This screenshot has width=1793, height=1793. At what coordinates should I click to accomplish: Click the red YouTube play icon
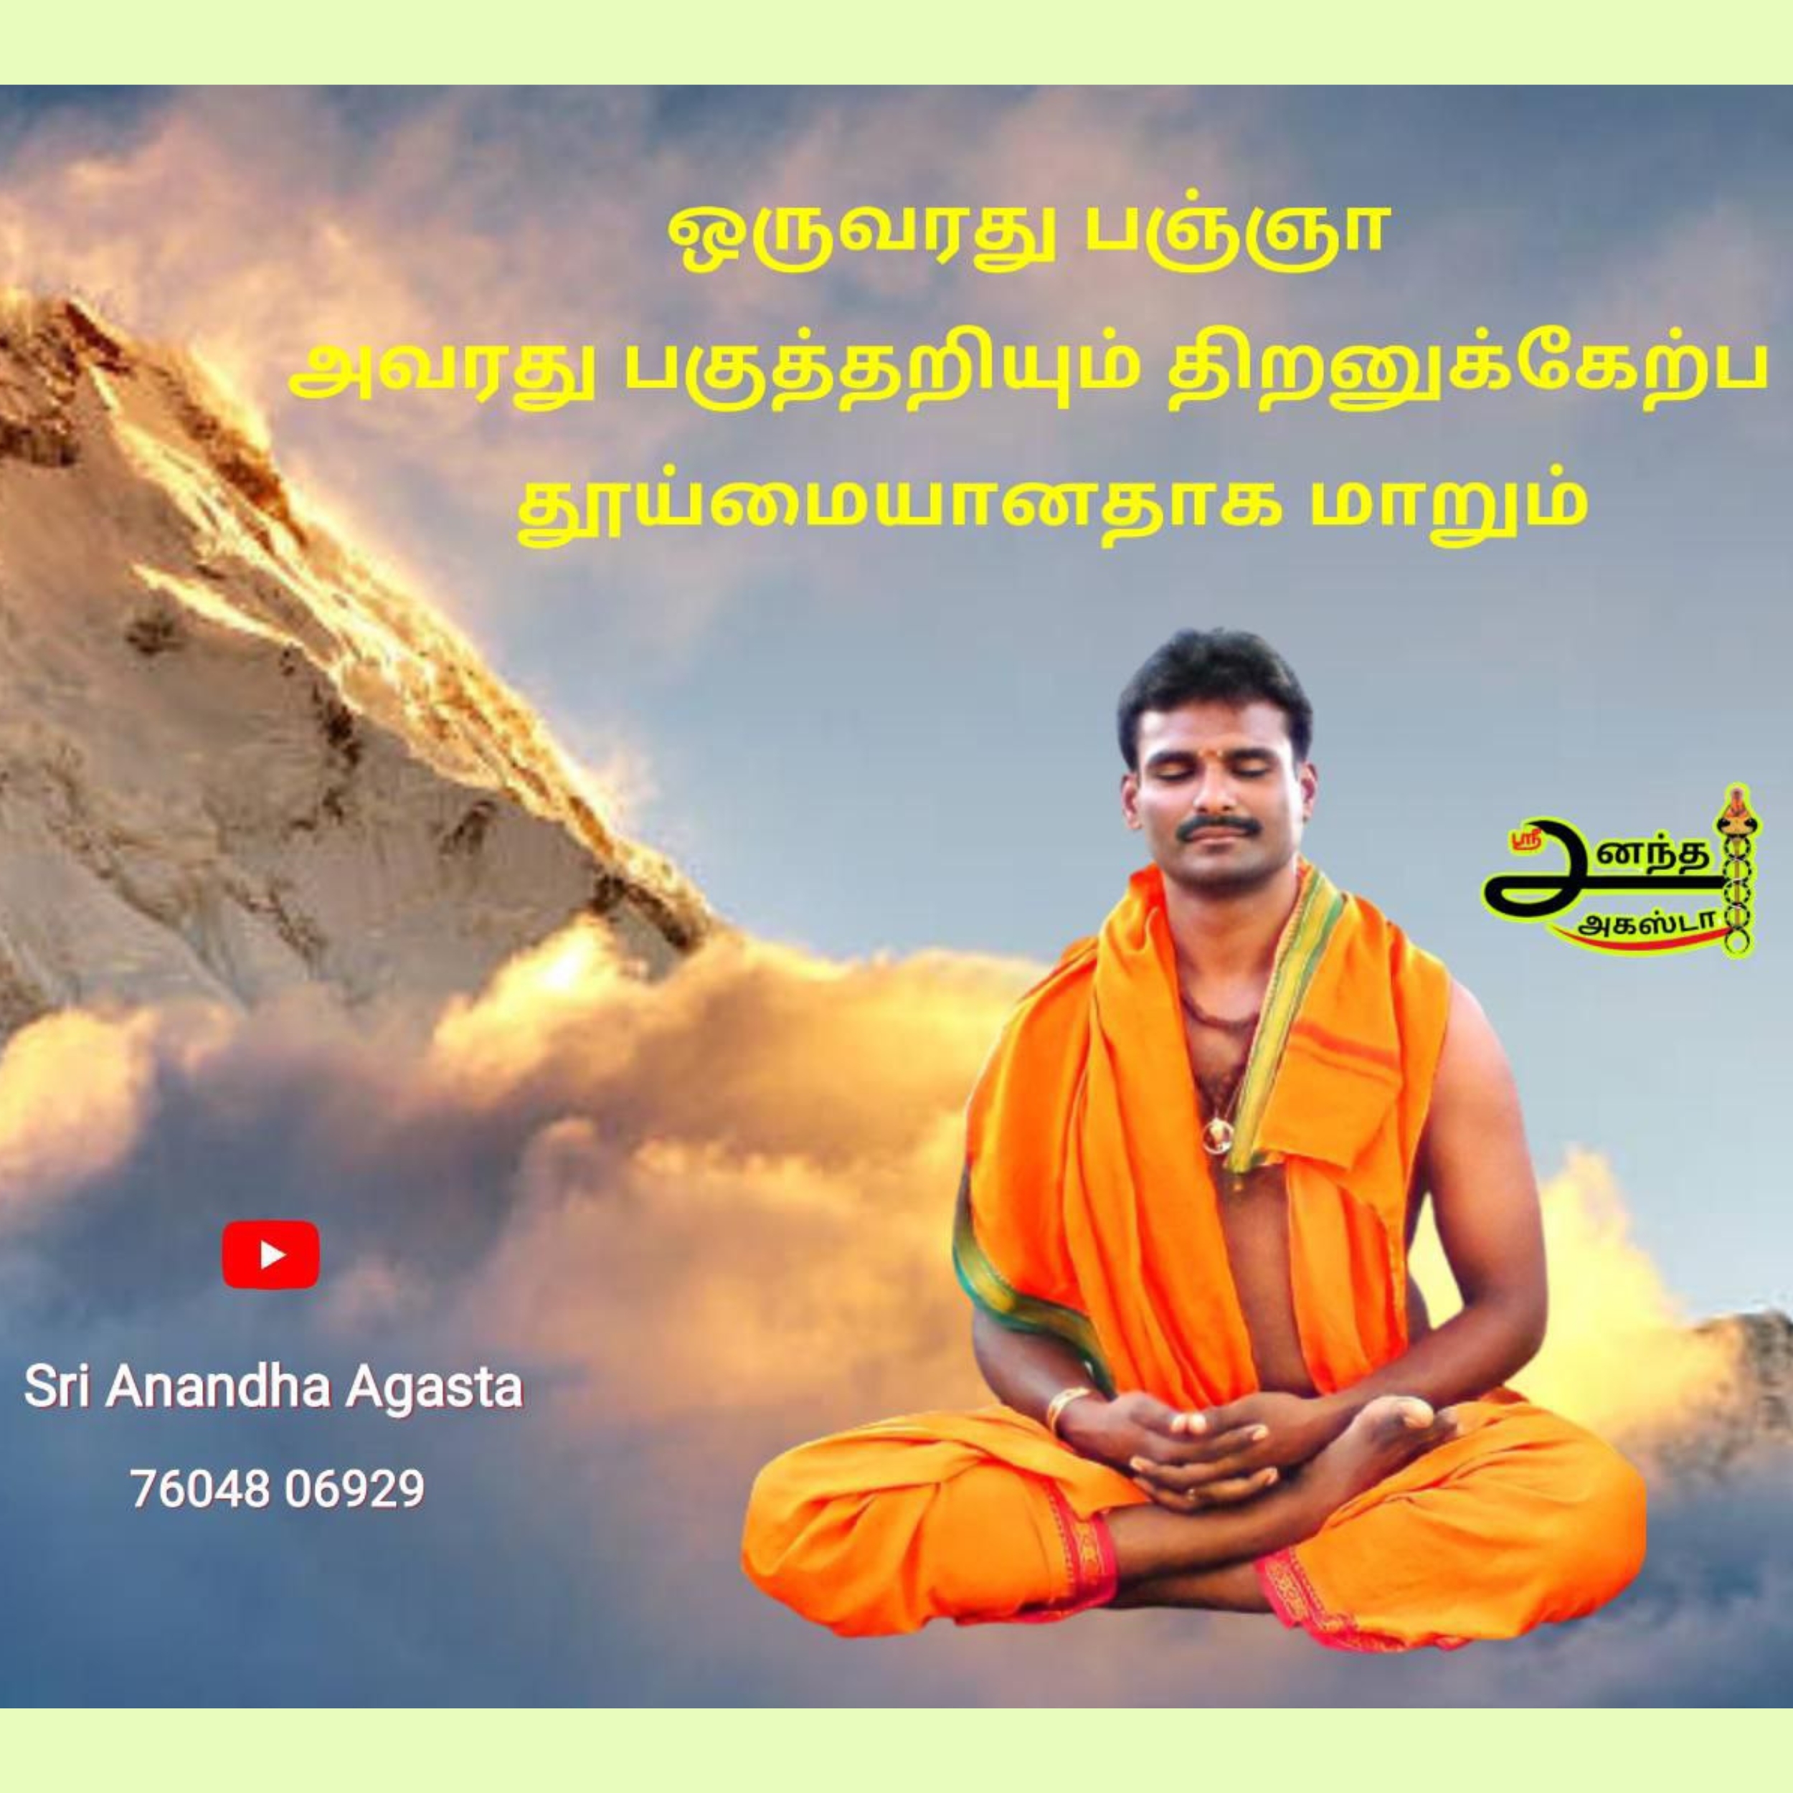pyautogui.click(x=271, y=1254)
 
